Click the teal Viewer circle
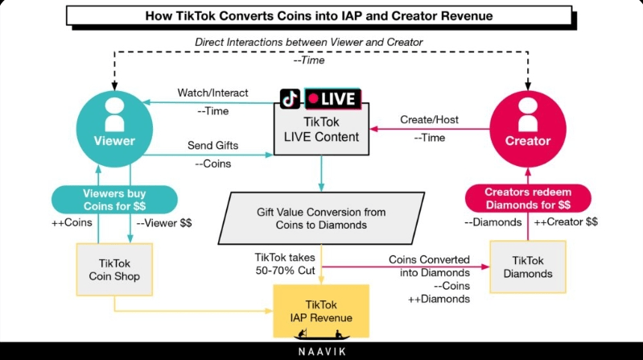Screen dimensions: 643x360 [114, 129]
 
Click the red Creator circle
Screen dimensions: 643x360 [528, 129]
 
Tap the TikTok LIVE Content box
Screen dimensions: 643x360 [321, 129]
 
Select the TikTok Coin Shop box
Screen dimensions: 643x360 [114, 270]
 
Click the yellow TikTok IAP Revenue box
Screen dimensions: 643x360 [321, 311]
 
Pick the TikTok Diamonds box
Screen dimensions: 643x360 [528, 267]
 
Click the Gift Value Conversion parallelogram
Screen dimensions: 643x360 [321, 218]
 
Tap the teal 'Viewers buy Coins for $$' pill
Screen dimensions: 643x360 [114, 200]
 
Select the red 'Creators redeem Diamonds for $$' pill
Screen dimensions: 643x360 [528, 198]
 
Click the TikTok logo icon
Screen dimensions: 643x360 [290, 98]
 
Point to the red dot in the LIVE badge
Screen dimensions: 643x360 [314, 98]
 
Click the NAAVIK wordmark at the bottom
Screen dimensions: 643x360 [322, 352]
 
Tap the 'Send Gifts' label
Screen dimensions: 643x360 [212, 145]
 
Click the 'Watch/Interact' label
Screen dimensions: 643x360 [212, 93]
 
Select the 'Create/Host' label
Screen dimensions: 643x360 [430, 119]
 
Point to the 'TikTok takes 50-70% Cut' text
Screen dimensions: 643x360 [285, 264]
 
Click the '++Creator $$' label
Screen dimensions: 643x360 [566, 222]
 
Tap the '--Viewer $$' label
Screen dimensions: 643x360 [164, 223]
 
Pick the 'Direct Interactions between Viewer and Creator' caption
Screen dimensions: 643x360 [309, 42]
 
